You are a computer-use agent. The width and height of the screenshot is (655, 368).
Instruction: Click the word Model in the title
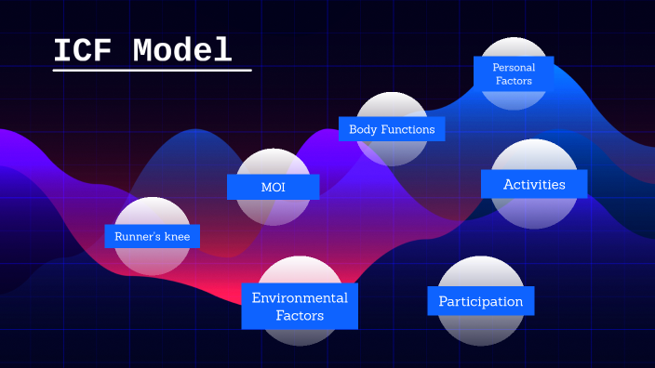(181, 50)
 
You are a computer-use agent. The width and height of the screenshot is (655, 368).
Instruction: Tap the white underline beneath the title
(152, 70)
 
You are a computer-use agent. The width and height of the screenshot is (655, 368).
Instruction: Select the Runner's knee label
(152, 237)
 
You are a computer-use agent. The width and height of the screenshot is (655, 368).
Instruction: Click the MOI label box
(273, 187)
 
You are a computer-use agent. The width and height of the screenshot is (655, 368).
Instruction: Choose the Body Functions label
(392, 129)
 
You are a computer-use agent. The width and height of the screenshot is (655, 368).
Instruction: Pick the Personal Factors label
(513, 73)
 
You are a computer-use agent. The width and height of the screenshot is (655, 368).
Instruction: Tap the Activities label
(534, 184)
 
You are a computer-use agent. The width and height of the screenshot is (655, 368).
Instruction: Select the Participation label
(480, 301)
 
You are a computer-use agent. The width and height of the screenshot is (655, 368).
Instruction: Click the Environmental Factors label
(300, 307)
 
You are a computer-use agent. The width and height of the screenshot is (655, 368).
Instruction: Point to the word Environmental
(300, 297)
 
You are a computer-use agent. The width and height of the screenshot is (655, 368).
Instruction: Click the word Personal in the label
(514, 67)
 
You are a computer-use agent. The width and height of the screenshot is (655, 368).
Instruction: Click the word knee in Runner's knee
(176, 237)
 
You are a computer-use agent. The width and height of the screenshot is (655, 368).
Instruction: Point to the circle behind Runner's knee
(152, 260)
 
